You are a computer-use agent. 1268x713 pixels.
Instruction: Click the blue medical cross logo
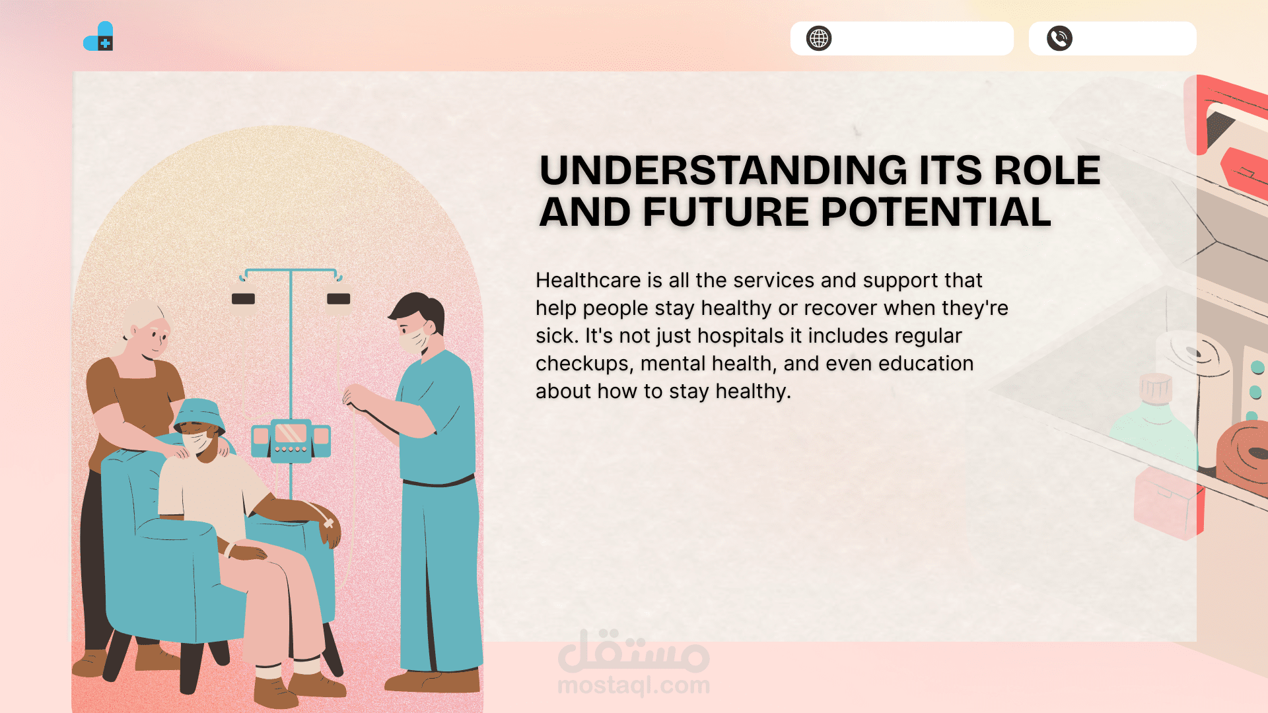pos(98,36)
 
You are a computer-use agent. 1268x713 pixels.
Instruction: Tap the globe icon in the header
pos(819,38)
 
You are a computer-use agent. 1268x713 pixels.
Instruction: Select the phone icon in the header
pos(1059,38)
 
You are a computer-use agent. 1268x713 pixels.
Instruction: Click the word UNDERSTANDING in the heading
pos(724,170)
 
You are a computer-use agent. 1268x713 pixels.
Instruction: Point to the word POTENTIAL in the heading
pos(936,212)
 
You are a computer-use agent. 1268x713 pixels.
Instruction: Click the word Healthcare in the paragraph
pos(588,280)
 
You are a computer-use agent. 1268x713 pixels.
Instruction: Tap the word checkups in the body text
pos(584,364)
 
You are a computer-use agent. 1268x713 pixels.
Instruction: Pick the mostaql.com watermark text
pos(633,685)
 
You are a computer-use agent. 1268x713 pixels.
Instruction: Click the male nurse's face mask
pos(414,339)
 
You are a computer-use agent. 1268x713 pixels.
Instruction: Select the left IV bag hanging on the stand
pos(243,298)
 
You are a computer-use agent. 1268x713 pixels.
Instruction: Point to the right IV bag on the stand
pos(338,298)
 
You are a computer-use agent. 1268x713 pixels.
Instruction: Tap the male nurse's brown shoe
pos(433,681)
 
